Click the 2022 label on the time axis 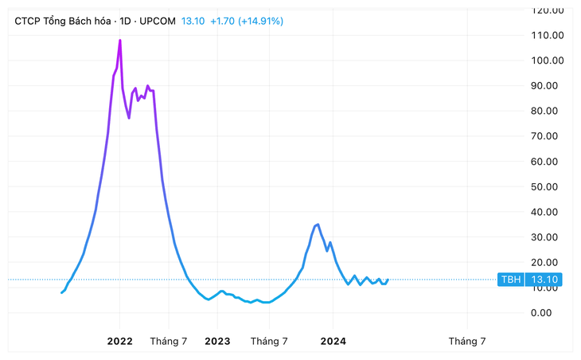120,341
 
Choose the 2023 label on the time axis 217,341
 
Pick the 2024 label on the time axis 333,341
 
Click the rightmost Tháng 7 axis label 466,341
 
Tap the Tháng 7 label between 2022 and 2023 169,341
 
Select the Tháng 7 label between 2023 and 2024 269,341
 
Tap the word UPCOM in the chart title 158,21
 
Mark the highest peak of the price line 120,40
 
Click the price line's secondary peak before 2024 318,224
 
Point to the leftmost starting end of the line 61,293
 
